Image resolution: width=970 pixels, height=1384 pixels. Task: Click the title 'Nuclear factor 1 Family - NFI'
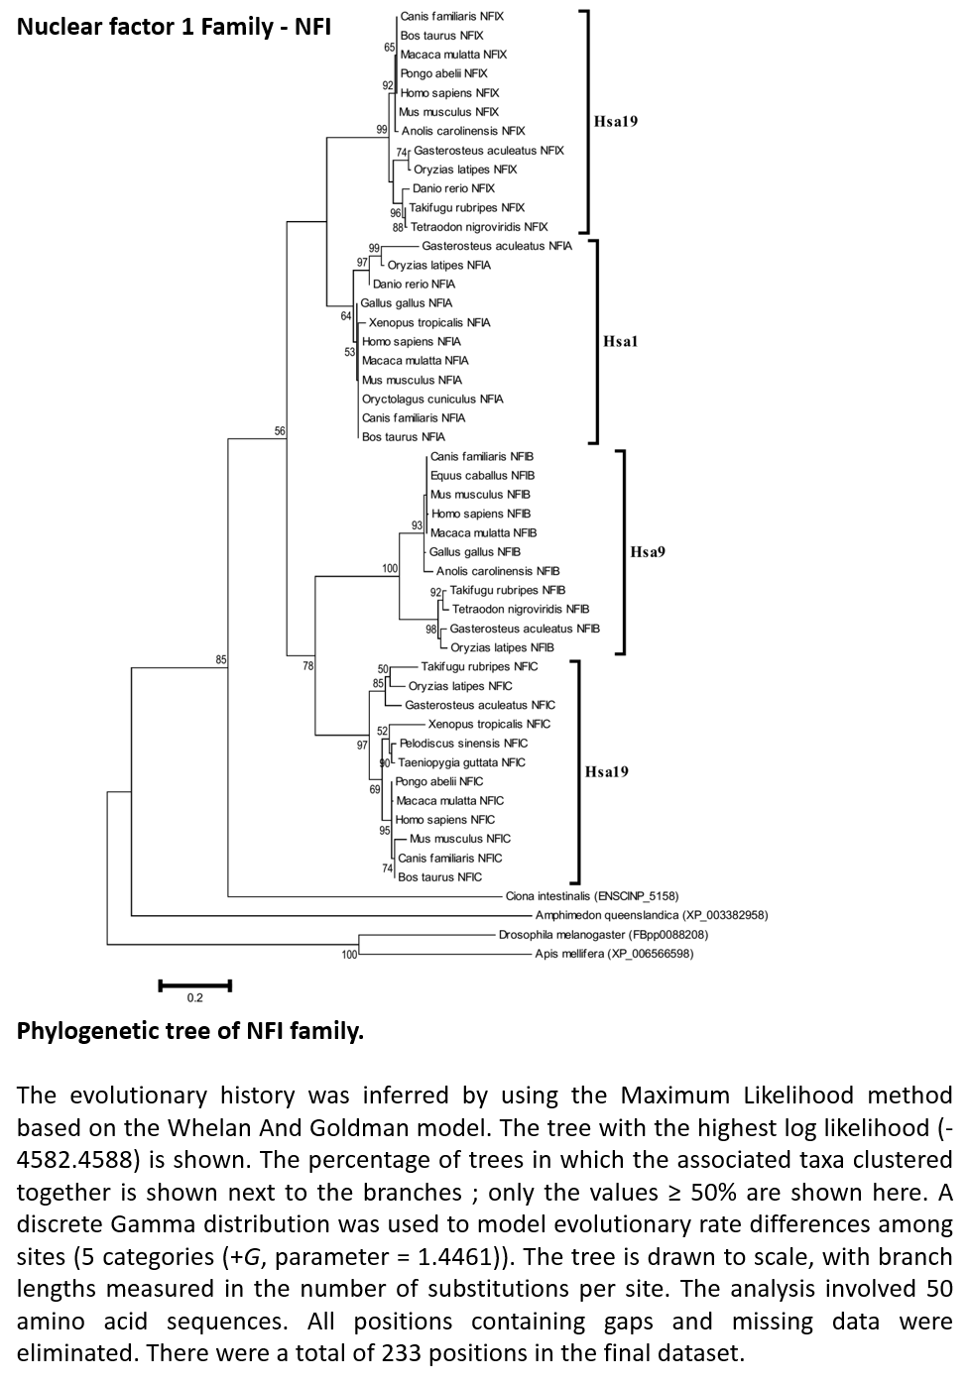tap(174, 27)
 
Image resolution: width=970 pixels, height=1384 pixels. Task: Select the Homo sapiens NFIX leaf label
tap(449, 92)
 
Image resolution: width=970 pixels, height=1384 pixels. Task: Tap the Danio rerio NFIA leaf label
tap(414, 285)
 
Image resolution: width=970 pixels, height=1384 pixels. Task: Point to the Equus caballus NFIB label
tap(482, 475)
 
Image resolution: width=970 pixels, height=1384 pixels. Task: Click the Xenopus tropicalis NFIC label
tap(489, 724)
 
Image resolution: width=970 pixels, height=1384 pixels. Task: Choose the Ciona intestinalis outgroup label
tap(592, 896)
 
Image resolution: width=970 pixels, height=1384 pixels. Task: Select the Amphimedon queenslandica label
tap(652, 915)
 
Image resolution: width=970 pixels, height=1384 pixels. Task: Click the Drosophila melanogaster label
tap(603, 935)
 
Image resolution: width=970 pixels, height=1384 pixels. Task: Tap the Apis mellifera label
tap(614, 954)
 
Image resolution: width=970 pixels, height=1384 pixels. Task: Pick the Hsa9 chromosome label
tap(648, 552)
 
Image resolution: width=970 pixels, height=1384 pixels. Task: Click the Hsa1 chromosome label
tap(620, 342)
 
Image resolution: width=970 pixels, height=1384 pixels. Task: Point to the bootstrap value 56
tap(280, 430)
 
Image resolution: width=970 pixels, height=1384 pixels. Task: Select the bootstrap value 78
tap(307, 665)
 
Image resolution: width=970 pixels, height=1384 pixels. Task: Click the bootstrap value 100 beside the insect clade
tap(349, 955)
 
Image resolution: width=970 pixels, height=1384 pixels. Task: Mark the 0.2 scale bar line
tap(194, 985)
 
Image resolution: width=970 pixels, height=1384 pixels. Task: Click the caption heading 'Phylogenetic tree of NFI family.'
tap(189, 1031)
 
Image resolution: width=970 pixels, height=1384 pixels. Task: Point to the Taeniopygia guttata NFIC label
tap(461, 762)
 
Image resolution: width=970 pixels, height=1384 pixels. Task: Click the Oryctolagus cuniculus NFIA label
tap(432, 400)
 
